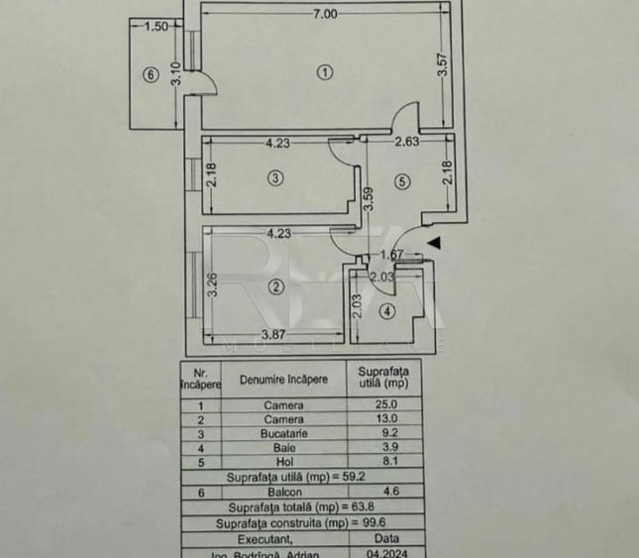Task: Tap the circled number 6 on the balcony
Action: [151, 74]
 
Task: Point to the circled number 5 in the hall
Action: [401, 181]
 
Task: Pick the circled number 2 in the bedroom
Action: [274, 287]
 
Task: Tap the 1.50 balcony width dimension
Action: [156, 27]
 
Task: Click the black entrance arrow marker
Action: [434, 242]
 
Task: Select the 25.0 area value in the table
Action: [382, 404]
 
